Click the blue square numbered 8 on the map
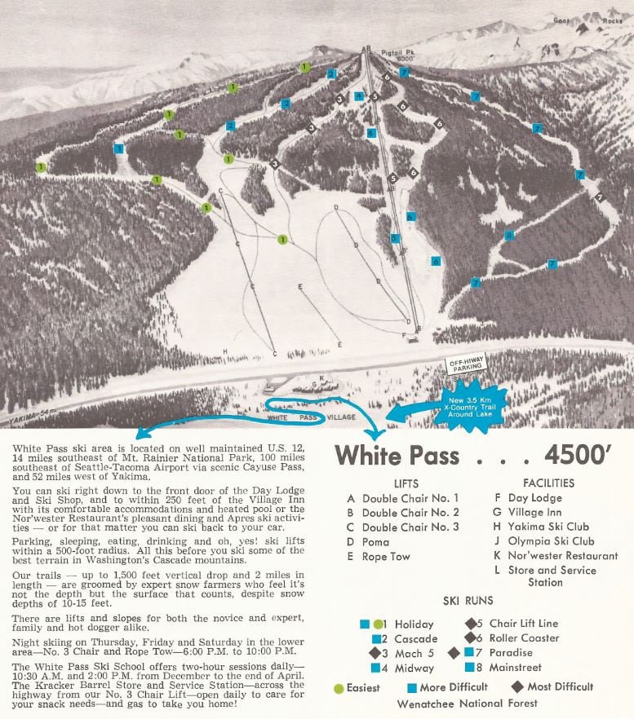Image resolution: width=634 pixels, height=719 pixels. click(508, 235)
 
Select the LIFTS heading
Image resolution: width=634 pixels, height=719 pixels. click(406, 483)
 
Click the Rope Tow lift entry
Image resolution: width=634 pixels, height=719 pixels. click(386, 557)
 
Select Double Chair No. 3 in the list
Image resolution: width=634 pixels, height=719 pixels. click(410, 527)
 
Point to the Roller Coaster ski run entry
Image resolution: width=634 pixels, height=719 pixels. click(524, 638)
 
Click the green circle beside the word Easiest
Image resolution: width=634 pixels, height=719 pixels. click(339, 688)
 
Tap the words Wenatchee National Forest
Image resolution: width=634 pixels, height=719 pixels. click(468, 704)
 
